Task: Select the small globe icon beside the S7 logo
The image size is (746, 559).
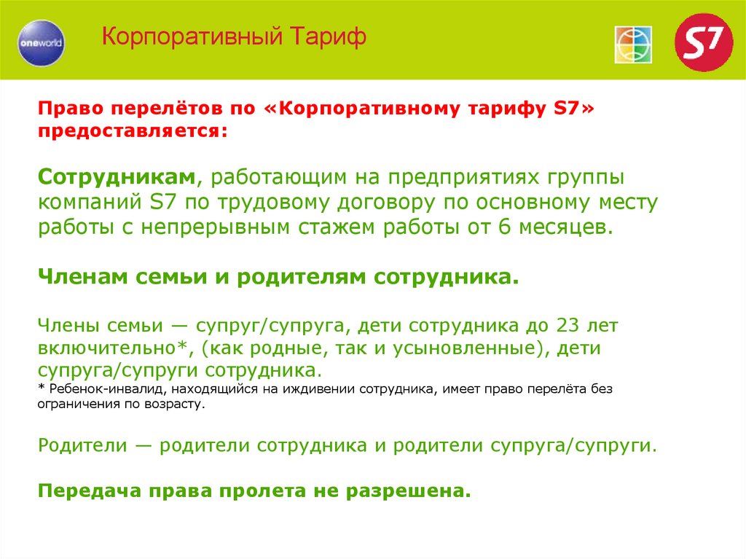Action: (632, 44)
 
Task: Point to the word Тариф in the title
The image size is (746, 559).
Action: (329, 37)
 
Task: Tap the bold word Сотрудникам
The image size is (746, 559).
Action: (117, 178)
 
